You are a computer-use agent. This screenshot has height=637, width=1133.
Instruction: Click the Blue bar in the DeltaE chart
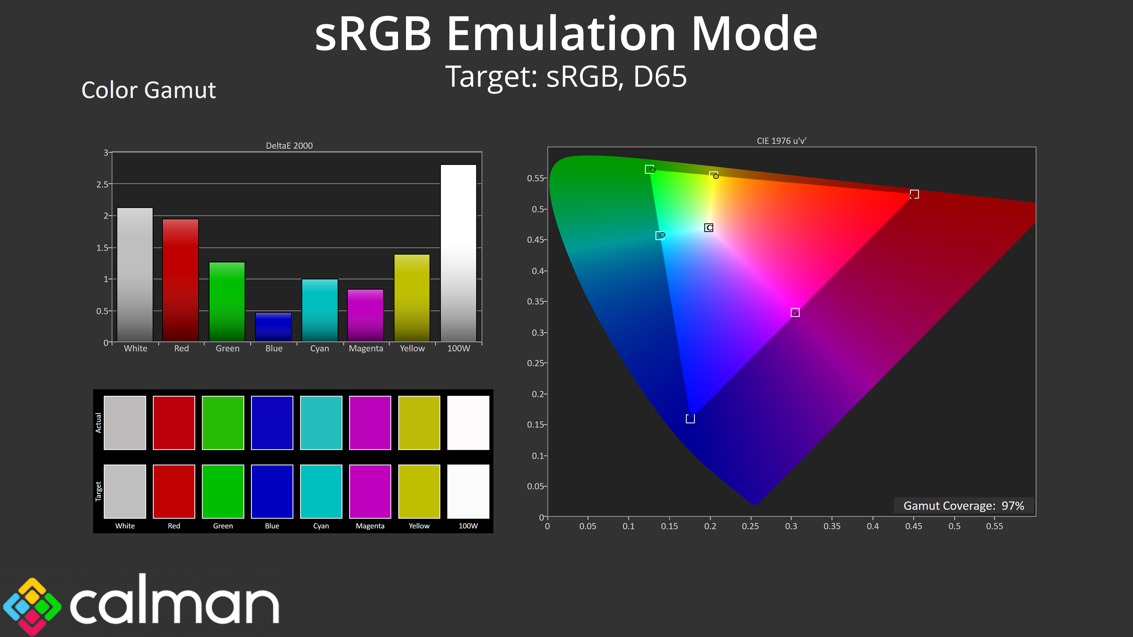pos(273,327)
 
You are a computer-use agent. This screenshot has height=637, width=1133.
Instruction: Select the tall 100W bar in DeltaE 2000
pos(458,253)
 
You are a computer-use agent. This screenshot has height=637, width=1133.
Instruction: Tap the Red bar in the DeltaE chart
pos(180,280)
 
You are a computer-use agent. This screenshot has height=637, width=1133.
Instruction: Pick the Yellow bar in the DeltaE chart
pos(412,298)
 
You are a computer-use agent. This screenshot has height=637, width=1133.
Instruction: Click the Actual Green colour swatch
pos(223,423)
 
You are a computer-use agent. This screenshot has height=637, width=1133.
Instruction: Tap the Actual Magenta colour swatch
pos(370,423)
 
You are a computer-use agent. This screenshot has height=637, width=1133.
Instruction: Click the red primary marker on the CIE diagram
pos(914,194)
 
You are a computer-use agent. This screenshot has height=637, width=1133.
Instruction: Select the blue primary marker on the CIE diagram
pos(690,418)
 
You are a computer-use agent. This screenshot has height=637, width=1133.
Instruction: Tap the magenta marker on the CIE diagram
pos(795,313)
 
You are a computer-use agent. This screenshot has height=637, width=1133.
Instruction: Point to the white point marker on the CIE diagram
pos(708,228)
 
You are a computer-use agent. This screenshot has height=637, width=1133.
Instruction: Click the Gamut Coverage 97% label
pos(964,505)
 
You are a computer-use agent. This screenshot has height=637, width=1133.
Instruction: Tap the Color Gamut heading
pos(149,90)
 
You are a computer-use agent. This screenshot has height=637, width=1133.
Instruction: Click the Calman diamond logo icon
pos(32,606)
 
